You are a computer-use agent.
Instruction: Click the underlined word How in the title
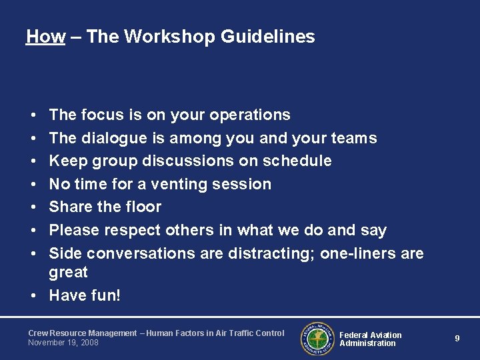click(45, 37)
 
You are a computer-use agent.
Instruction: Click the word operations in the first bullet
click(249, 115)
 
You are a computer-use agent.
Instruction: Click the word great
click(69, 272)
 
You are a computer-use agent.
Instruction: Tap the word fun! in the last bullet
click(106, 295)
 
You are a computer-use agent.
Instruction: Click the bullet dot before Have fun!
click(33, 295)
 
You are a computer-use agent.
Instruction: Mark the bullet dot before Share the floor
click(33, 207)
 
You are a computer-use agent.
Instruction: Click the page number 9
click(457, 339)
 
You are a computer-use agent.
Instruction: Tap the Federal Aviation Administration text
click(371, 339)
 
